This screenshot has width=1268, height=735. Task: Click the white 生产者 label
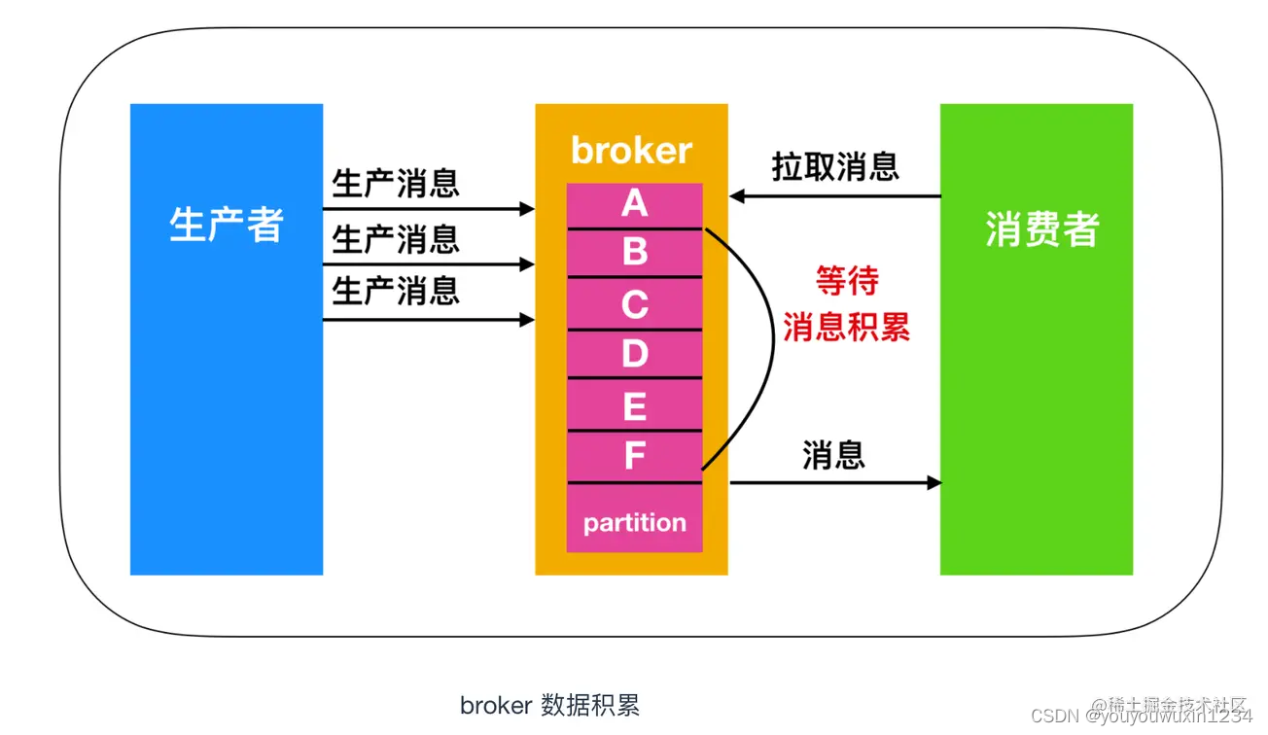pyautogui.click(x=226, y=226)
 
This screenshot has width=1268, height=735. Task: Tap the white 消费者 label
pyautogui.click(x=1041, y=229)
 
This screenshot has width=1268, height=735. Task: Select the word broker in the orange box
pyautogui.click(x=631, y=151)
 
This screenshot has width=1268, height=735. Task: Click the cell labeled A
pyautogui.click(x=634, y=204)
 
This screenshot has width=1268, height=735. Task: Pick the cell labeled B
pyautogui.click(x=634, y=253)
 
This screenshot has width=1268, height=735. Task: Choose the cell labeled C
pyautogui.click(x=634, y=304)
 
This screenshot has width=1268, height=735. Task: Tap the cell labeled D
pyautogui.click(x=634, y=354)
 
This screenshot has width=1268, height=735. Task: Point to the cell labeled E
pyautogui.click(x=634, y=404)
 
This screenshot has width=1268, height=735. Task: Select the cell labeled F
pyautogui.click(x=634, y=456)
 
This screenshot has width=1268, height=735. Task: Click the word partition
pyautogui.click(x=634, y=523)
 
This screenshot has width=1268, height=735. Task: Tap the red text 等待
pyautogui.click(x=847, y=282)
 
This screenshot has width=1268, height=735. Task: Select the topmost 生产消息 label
pyautogui.click(x=396, y=183)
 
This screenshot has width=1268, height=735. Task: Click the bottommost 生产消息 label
pyautogui.click(x=396, y=290)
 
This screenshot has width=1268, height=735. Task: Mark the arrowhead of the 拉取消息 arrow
pyautogui.click(x=737, y=196)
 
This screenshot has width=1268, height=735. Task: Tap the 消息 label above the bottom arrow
pyautogui.click(x=833, y=454)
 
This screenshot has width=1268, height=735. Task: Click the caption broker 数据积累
pyautogui.click(x=549, y=705)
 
